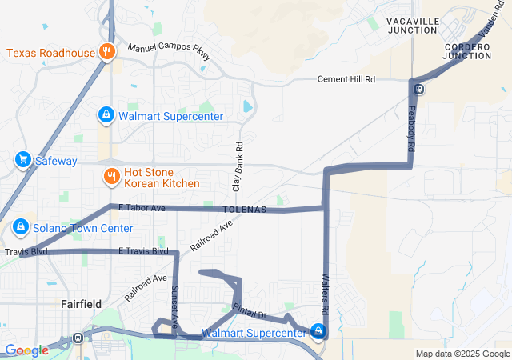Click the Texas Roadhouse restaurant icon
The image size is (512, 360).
click(106, 53)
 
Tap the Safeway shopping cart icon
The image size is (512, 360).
click(22, 161)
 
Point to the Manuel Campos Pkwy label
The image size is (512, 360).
click(170, 51)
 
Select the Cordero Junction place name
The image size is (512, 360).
click(467, 51)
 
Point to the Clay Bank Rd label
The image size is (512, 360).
click(238, 166)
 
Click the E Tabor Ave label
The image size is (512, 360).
click(141, 208)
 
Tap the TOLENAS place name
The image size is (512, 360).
click(245, 210)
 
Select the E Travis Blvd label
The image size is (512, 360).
click(143, 251)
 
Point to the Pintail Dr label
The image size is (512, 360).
click(248, 310)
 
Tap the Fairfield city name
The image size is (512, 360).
click(81, 304)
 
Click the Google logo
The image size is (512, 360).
click(26, 350)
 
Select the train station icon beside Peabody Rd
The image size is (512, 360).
click(419, 89)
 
